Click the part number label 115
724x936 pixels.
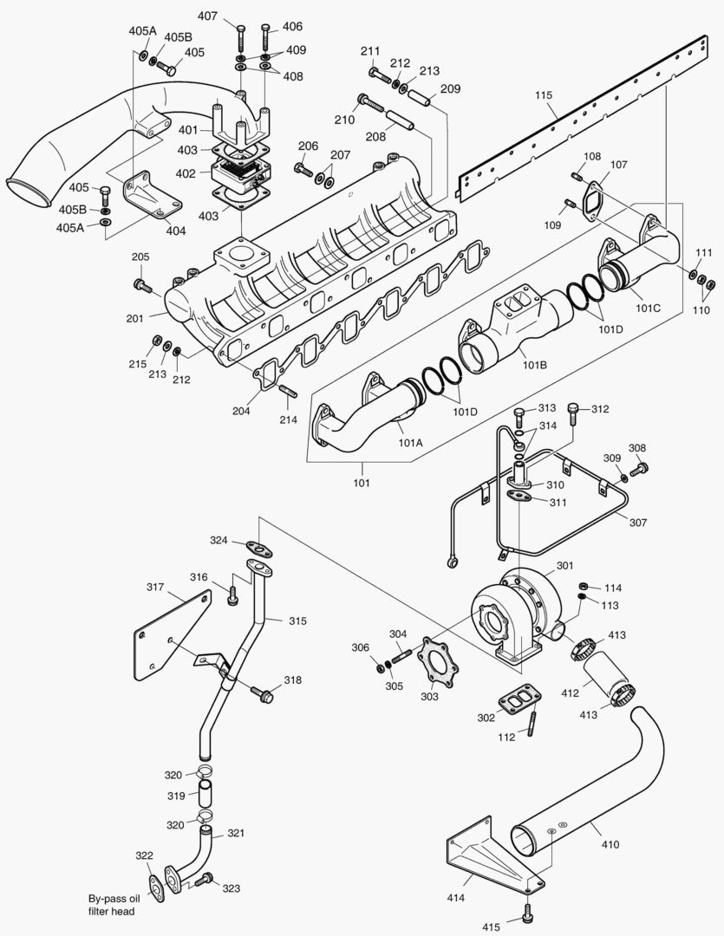coord(544,94)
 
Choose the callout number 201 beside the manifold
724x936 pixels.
coord(134,318)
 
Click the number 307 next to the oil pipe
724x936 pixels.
coord(639,523)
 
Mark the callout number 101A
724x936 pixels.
coord(410,442)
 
